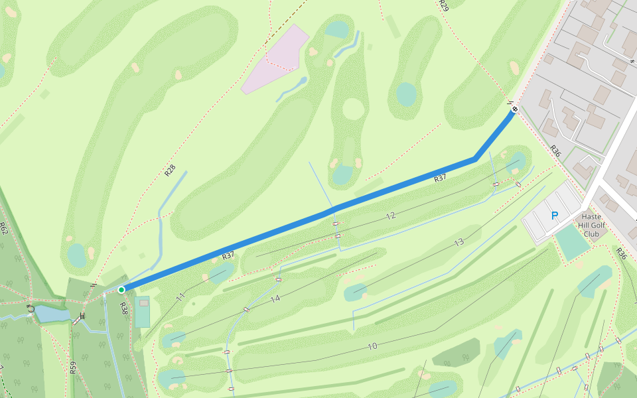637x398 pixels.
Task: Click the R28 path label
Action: tap(170, 170)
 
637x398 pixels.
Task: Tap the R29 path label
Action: tap(443, 6)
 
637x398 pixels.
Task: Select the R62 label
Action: tap(3, 229)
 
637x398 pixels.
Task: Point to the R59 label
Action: tap(72, 367)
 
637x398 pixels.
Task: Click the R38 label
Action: tap(123, 308)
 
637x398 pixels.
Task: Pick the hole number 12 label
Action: tap(390, 216)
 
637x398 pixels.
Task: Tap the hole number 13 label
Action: tap(459, 243)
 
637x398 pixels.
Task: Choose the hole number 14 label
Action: tap(275, 299)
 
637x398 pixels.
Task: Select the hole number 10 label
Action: tap(372, 346)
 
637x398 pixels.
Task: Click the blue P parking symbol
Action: tap(555, 216)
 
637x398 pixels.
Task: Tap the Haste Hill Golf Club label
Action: tap(591, 225)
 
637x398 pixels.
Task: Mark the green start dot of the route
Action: tap(121, 290)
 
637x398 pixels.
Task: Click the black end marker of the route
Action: tap(514, 109)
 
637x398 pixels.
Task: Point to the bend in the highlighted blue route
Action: tap(475, 159)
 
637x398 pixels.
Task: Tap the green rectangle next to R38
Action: tap(143, 312)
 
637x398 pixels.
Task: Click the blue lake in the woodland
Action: tap(52, 314)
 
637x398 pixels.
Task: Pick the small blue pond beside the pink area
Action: tap(303, 81)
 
